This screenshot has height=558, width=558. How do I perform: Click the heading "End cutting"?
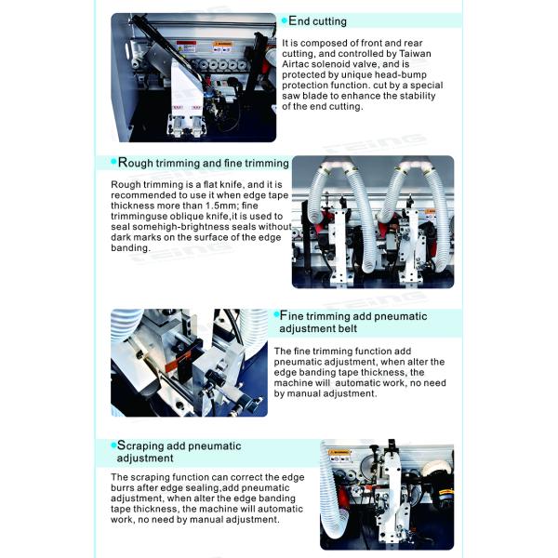tap(317, 21)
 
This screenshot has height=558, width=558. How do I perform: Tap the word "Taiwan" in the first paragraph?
tap(415, 54)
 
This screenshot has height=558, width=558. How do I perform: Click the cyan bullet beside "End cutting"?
tap(285, 20)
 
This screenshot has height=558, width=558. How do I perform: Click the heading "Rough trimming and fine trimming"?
tap(203, 163)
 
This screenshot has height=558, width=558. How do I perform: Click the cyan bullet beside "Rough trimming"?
tap(113, 162)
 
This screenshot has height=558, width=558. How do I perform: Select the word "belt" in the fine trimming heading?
tap(347, 328)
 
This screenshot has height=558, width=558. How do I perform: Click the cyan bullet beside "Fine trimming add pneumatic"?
tap(276, 314)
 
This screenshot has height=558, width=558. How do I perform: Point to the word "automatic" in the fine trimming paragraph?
tap(359, 383)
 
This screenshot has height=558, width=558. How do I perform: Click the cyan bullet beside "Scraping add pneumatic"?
tap(113, 445)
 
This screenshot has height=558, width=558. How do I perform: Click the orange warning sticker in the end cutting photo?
tap(222, 45)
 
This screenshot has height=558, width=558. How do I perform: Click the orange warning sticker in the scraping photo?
tap(339, 453)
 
